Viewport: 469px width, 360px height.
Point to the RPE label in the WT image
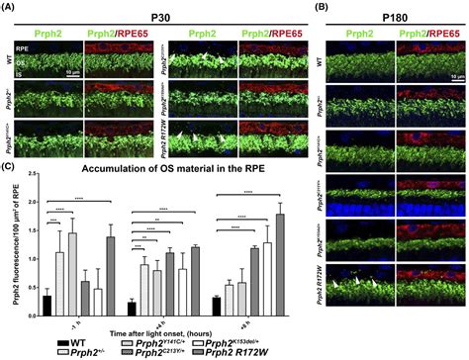22,47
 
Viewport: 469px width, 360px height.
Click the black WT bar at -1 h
47,305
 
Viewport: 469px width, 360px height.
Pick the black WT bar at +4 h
131,308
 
